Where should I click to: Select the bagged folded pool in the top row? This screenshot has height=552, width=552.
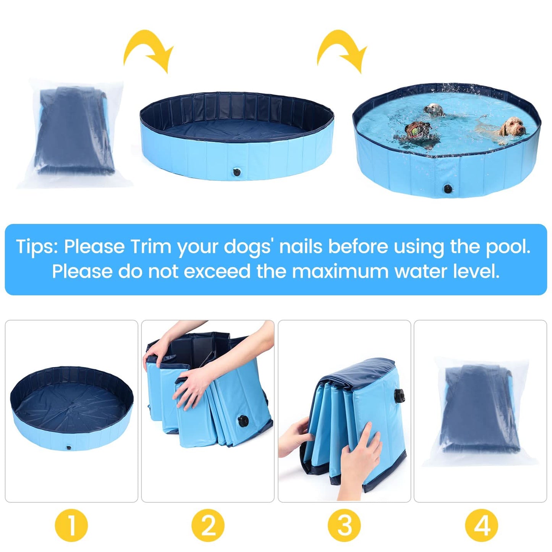click(x=74, y=132)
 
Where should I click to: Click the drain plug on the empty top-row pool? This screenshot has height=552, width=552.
click(x=236, y=172)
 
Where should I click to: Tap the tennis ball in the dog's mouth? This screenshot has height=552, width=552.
click(x=415, y=132)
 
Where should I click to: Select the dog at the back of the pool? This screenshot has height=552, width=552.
click(x=434, y=110)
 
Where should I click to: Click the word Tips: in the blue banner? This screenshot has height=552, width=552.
click(x=37, y=247)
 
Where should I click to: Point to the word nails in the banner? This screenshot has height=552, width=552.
click(x=301, y=247)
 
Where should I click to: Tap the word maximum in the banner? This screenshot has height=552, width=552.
click(x=341, y=272)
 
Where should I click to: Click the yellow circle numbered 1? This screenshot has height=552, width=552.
click(x=71, y=526)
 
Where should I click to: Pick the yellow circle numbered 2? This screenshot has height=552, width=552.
click(x=208, y=526)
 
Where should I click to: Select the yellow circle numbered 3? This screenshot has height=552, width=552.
click(x=344, y=526)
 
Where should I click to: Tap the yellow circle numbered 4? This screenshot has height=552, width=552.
click(x=481, y=526)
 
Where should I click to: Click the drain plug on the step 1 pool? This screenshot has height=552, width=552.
click(x=68, y=447)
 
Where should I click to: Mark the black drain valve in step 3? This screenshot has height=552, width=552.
click(x=400, y=394)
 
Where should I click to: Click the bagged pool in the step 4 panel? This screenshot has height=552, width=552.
click(x=480, y=411)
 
